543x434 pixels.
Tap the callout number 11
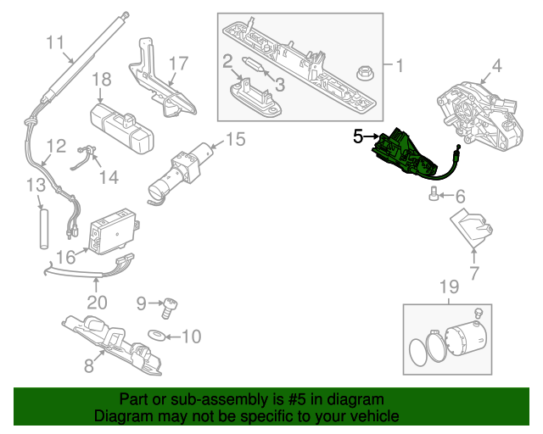(55, 42)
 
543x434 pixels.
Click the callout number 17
(177, 63)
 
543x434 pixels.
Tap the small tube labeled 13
(40, 224)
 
